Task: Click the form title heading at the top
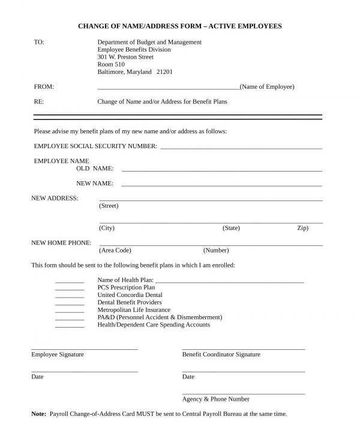pos(179,26)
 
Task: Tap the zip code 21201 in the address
pos(164,72)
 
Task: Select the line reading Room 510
pos(111,64)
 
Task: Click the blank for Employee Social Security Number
pos(241,147)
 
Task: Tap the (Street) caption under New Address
pos(109,206)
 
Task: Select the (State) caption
pos(231,228)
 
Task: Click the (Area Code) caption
pos(115,250)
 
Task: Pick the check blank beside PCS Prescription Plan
pos(70,289)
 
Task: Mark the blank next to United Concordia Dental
pos(70,296)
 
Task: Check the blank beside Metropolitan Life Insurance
pos(70,311)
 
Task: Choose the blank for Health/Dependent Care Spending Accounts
pos(70,326)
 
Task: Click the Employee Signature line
pos(85,348)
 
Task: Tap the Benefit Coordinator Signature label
pos(221,355)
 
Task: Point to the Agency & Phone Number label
pos(215,399)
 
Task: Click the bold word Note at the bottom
pos(38,414)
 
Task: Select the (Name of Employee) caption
pos(267,87)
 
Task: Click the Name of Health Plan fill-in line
pos(230,281)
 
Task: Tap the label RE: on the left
pos(39,102)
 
